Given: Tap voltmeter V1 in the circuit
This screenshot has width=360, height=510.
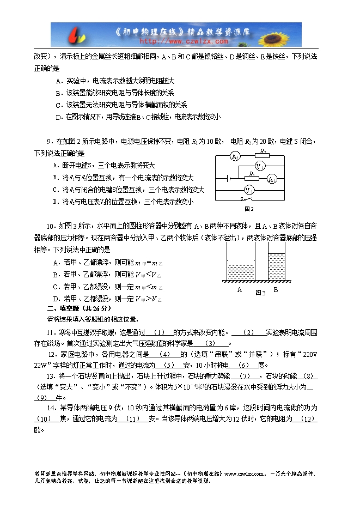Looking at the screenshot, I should tap(261, 166).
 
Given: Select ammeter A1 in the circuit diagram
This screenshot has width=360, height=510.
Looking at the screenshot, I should tap(235, 157).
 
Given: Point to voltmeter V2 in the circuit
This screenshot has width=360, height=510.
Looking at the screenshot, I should tap(248, 190).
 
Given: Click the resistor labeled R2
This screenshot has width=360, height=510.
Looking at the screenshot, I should tap(263, 155).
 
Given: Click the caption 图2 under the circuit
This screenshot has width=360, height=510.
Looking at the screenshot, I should tap(249, 208).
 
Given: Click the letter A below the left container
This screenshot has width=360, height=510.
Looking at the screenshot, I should tap(240, 290).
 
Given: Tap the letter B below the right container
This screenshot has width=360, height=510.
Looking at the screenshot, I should tap(276, 290).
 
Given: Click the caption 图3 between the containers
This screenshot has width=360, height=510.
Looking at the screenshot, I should tap(260, 293).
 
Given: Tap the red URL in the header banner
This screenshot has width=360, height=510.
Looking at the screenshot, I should tap(184, 41).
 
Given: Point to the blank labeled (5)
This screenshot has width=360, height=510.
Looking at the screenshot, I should tap(169, 365).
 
